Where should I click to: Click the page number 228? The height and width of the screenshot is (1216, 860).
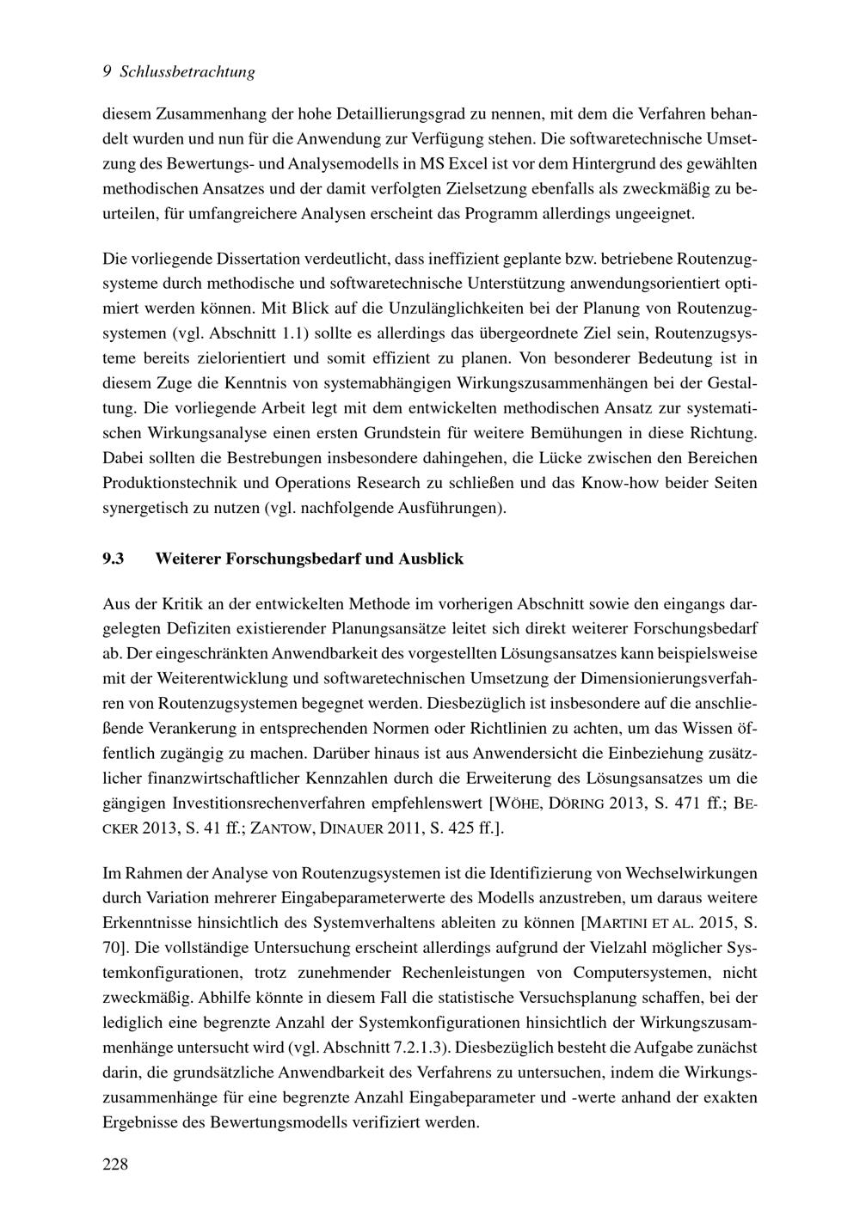point(115,1164)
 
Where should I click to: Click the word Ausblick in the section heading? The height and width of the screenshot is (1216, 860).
point(431,559)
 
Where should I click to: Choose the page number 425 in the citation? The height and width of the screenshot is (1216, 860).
point(439,829)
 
